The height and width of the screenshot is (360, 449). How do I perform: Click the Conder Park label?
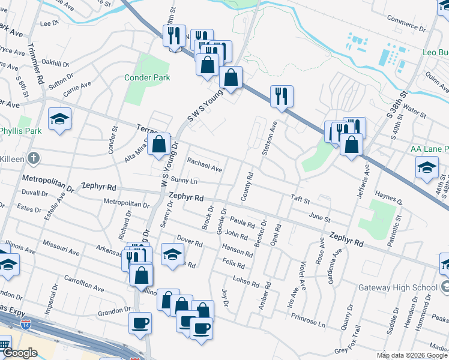point(147,77)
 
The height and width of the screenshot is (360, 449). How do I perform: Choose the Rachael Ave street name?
point(204,165)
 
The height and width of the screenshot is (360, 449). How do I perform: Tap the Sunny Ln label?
point(184,180)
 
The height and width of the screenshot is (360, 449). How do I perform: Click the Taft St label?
point(300,200)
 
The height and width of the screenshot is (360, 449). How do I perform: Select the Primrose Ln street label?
point(305,322)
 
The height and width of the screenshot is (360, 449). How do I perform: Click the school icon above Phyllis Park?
point(59,118)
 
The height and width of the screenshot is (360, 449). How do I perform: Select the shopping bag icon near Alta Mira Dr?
point(159,144)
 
